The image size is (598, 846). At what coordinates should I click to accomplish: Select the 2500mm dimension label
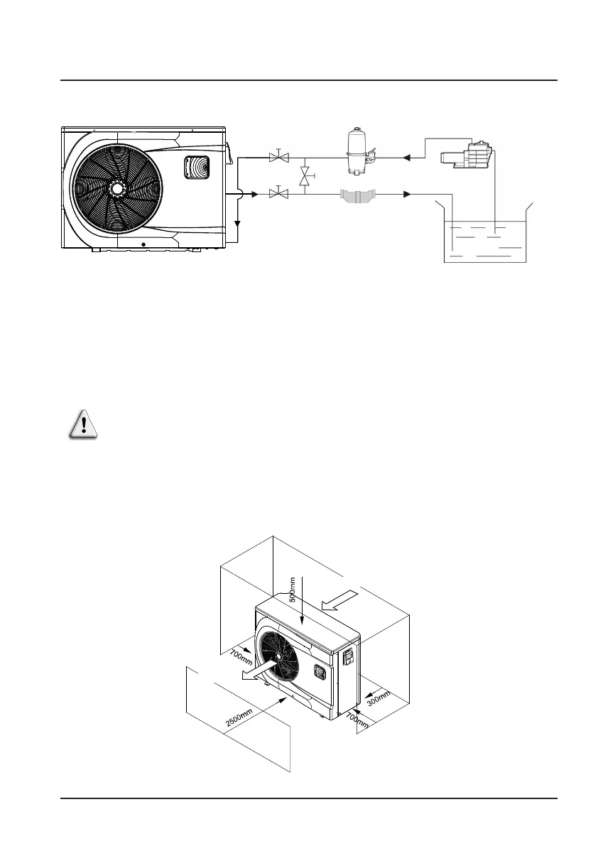pyautogui.click(x=239, y=719)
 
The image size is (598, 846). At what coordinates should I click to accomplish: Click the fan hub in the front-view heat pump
pyautogui.click(x=116, y=188)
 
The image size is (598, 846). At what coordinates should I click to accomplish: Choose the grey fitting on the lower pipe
pyautogui.click(x=357, y=195)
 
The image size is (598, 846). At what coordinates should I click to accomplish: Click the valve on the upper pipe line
pyautogui.click(x=278, y=158)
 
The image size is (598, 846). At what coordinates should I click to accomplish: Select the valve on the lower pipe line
pyautogui.click(x=278, y=193)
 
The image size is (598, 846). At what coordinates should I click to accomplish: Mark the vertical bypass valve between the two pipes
pyautogui.click(x=305, y=176)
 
